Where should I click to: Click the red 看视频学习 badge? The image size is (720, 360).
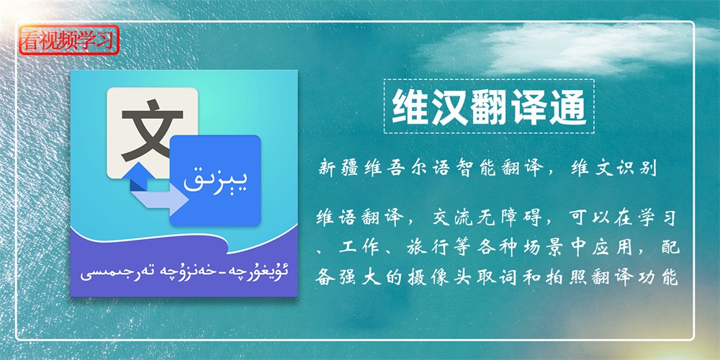point(69,40)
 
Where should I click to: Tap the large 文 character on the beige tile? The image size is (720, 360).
point(152,132)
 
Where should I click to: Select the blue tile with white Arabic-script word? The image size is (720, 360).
point(215,181)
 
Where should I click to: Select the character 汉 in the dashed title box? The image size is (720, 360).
point(449,107)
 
